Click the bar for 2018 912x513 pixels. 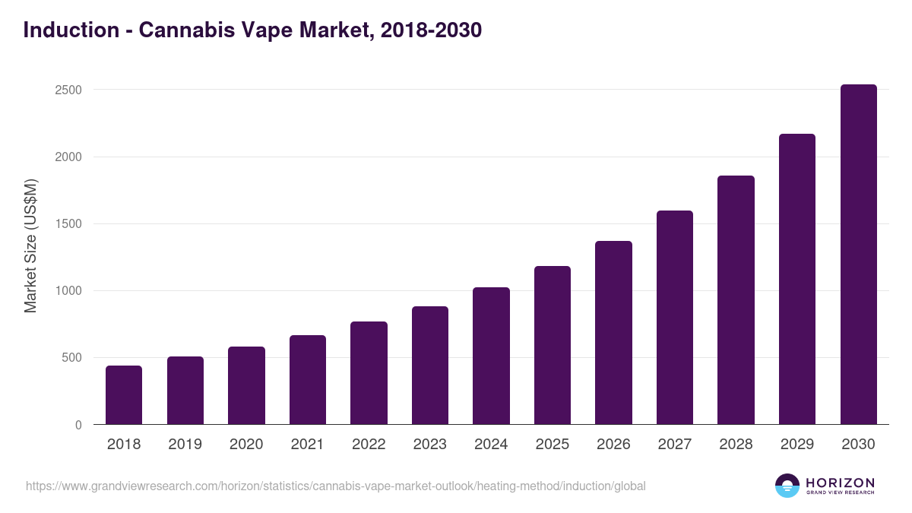[x=124, y=395]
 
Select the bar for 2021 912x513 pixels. [x=308, y=380]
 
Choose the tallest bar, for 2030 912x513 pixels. [x=858, y=255]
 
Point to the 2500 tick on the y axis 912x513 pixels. [x=68, y=90]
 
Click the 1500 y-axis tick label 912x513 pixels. [x=68, y=224]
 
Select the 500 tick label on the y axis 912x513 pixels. [x=71, y=358]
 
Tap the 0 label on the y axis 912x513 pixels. [x=78, y=425]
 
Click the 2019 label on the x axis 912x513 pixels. [x=185, y=445]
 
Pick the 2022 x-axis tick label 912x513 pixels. [x=369, y=445]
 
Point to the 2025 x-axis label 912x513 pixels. [x=553, y=445]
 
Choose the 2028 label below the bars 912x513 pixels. [x=736, y=445]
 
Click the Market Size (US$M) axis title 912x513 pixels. [x=30, y=245]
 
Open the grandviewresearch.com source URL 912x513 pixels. [x=335, y=486]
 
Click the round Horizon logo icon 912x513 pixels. [x=787, y=486]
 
